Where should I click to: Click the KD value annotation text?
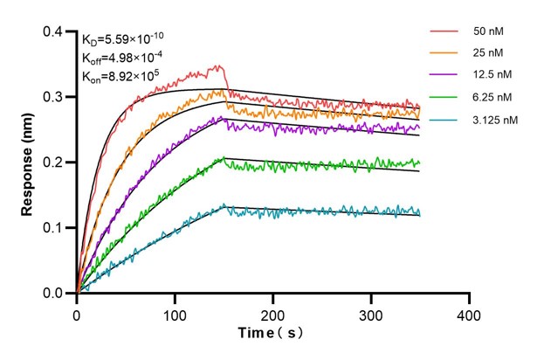122,39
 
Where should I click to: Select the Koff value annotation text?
121,58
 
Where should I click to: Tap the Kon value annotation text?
121,76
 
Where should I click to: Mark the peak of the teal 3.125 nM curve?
224,204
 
